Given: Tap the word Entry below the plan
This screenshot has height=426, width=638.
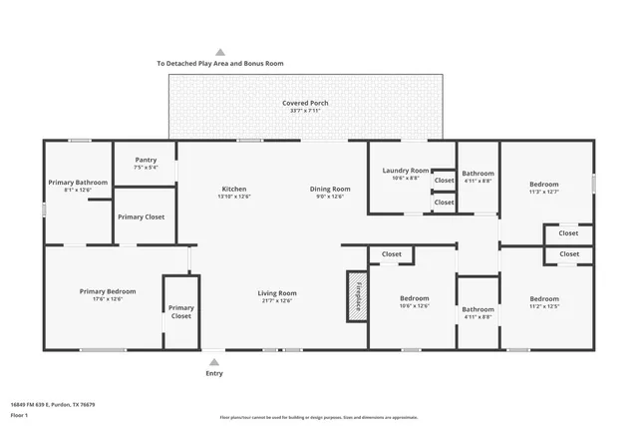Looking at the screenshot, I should coord(214,373).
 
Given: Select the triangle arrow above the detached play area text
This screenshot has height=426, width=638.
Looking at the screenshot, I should coord(220,52).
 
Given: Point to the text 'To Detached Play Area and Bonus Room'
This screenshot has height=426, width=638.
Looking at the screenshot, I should coord(220,63).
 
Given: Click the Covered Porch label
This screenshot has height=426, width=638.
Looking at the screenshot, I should coord(305,103).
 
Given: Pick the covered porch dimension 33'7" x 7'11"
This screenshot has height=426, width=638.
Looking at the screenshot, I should coord(305,111).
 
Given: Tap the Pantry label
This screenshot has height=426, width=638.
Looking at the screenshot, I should coord(146,160).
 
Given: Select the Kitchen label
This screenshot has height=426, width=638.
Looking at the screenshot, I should coord(234,189).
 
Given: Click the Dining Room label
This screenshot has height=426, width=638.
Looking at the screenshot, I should coord(329,189).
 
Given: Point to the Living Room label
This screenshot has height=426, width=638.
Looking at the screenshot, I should coord(279,293).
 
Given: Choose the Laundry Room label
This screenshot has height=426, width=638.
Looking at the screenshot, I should coord(406,171).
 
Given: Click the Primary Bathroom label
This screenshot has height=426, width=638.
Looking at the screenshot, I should coord(78,182).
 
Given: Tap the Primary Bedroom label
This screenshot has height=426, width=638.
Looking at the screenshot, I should coord(108,291).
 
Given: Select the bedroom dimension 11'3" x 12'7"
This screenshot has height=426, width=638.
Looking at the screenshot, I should coord(544,192).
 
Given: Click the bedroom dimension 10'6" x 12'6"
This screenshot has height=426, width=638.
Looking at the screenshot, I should coord(414,306).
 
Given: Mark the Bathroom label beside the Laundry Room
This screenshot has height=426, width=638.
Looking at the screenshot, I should coord(478,173).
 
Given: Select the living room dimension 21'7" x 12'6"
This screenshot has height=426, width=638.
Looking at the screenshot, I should coord(279,300).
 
